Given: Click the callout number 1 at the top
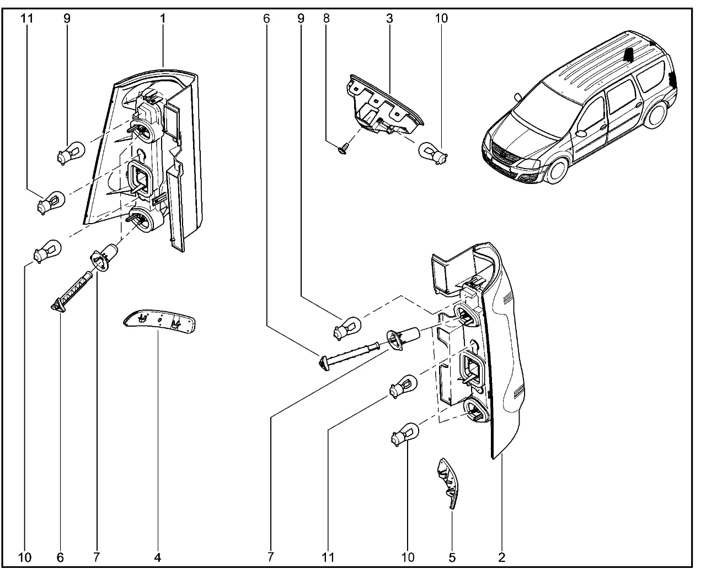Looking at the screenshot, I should (163, 18).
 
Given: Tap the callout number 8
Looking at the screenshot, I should (327, 18).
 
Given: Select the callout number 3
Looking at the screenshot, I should (389, 18).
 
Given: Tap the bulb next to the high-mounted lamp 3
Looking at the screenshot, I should (434, 153).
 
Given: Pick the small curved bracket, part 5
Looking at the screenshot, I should (448, 479).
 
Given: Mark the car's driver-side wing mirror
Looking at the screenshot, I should (580, 133).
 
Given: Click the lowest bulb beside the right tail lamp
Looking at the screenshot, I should (405, 432).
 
